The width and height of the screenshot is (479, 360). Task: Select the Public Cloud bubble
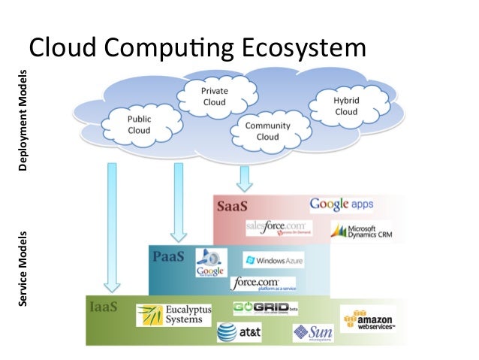click(140, 124)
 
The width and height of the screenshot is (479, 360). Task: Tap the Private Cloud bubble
click(214, 96)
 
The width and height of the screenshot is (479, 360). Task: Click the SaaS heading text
click(232, 205)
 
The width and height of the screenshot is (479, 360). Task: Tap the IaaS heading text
click(103, 306)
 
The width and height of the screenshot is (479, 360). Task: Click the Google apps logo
click(341, 204)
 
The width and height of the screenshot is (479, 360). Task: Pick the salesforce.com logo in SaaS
click(277, 228)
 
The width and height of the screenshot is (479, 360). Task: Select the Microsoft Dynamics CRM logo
click(363, 232)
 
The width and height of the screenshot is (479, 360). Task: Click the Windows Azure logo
click(273, 260)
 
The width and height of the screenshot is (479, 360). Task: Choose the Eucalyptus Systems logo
click(173, 314)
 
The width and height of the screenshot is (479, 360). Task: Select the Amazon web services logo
click(368, 319)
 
